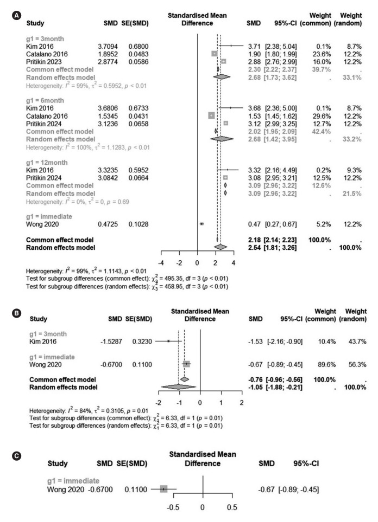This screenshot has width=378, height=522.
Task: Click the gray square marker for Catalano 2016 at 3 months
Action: point(214,54)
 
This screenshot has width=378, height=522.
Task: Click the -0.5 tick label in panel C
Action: point(173,507)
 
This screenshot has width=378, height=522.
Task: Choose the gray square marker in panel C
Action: point(163,488)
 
